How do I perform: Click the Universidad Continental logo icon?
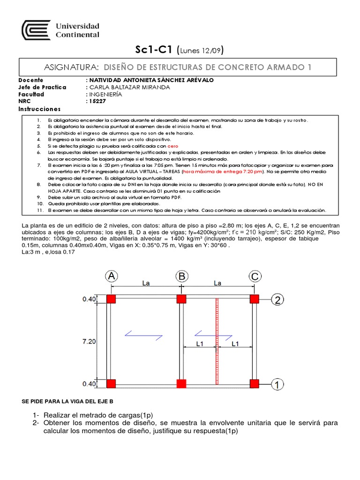click(37, 30)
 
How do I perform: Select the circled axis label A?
click(111, 277)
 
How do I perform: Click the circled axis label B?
click(181, 277)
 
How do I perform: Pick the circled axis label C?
click(255, 277)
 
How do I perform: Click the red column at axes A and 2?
click(111, 299)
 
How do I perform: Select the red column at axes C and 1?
click(255, 384)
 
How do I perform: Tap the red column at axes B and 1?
click(181, 384)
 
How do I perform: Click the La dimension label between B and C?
click(217, 283)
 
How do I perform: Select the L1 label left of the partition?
click(200, 344)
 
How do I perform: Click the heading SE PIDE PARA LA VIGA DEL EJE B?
click(68, 402)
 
